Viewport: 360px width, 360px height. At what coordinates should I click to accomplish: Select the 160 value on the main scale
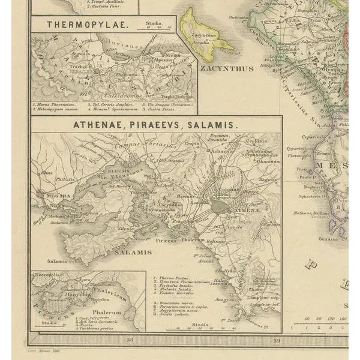341,319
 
